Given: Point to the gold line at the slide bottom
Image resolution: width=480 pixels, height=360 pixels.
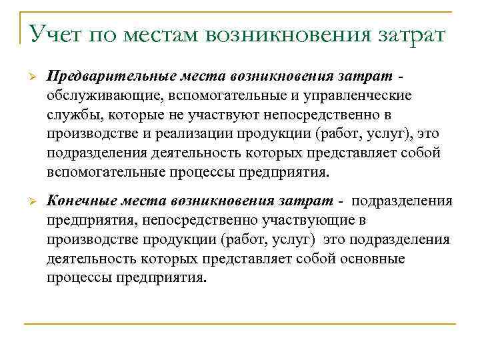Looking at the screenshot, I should [x=240, y=325].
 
